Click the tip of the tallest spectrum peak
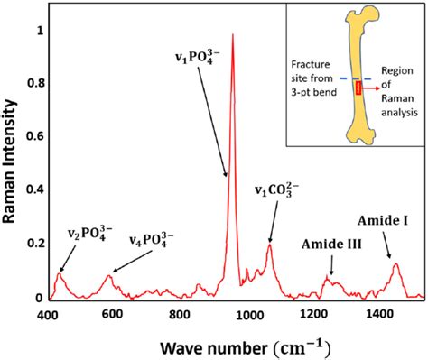(x=233, y=35)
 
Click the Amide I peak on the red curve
(x=395, y=263)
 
